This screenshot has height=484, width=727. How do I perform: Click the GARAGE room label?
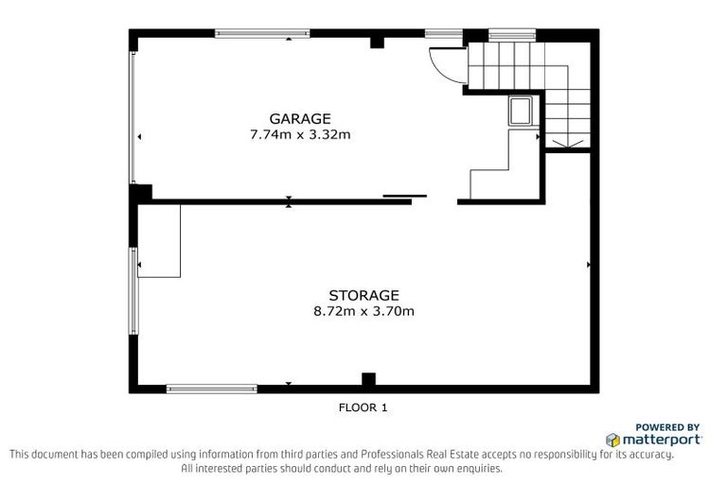point(300,118)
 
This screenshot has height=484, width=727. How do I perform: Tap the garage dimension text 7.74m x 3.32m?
point(300,134)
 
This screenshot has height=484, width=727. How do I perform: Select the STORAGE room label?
point(363,294)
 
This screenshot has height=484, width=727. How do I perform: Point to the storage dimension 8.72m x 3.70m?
point(363,310)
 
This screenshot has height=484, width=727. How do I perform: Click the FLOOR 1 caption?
point(363,408)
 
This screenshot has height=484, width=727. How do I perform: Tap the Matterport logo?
point(654,440)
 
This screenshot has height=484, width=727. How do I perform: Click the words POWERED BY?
point(667,426)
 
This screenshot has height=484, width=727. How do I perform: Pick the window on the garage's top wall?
point(262,33)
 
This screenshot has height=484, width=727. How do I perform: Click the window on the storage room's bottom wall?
point(211,388)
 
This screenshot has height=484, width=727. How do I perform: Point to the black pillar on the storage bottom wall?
point(368,380)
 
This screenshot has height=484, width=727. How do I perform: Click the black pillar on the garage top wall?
point(377,41)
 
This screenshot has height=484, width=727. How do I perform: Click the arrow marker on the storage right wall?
point(589,265)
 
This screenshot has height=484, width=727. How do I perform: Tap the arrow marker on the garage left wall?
point(140,137)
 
